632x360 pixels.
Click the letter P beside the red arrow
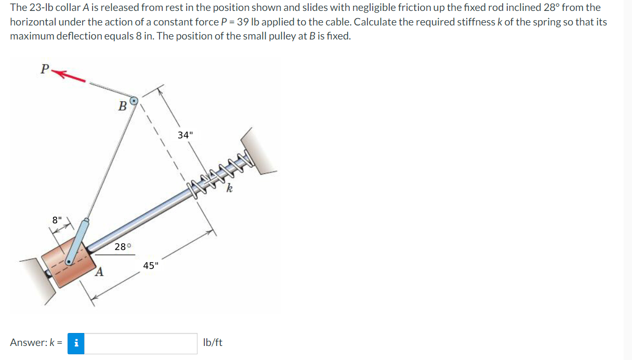(x=45, y=69)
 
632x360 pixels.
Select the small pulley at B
(x=134, y=100)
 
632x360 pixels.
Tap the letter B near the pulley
(x=122, y=106)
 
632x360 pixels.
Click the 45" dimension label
(x=151, y=266)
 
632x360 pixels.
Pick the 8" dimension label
(x=57, y=220)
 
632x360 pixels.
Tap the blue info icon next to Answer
(x=76, y=343)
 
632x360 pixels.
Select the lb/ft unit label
(x=213, y=343)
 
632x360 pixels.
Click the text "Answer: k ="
(x=36, y=343)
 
